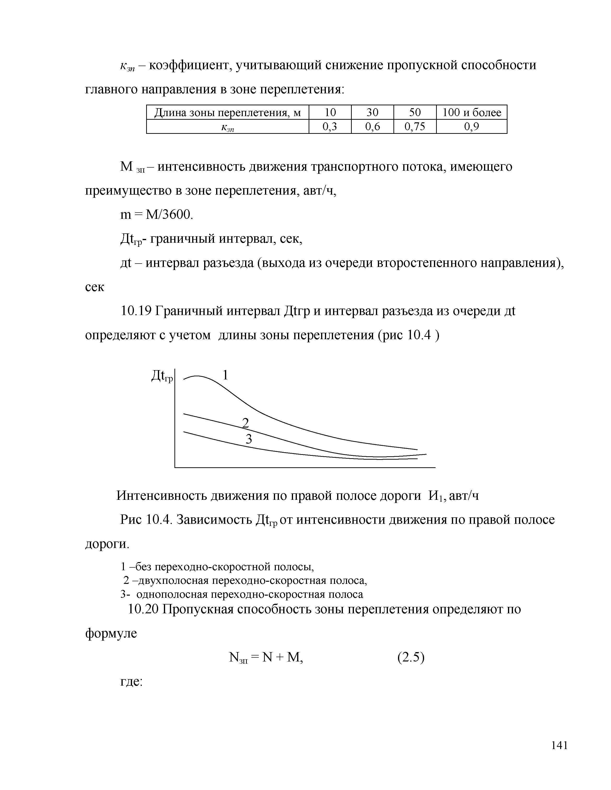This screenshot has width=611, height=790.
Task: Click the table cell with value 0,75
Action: [x=415, y=127]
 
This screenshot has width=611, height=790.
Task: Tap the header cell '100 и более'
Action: [x=472, y=113]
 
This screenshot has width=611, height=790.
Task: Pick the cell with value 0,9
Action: [x=472, y=127]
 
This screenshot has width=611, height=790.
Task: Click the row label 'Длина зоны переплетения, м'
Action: [x=227, y=113]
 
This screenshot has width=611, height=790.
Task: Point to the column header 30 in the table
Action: [x=372, y=113]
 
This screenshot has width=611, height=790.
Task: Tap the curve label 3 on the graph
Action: [x=249, y=440]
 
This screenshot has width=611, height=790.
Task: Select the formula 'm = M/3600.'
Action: [x=157, y=215]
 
